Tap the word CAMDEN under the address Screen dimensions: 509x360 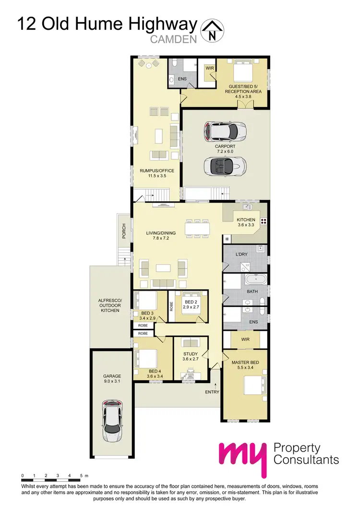[174, 39]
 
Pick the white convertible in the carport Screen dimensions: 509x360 [225, 167]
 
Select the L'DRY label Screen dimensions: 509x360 [242, 254]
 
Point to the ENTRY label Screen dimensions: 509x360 [212, 392]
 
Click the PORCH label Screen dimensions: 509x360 [123, 231]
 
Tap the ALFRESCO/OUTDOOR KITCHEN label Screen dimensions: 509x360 [110, 306]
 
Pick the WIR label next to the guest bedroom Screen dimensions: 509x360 [209, 68]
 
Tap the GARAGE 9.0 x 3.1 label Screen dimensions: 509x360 [112, 379]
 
